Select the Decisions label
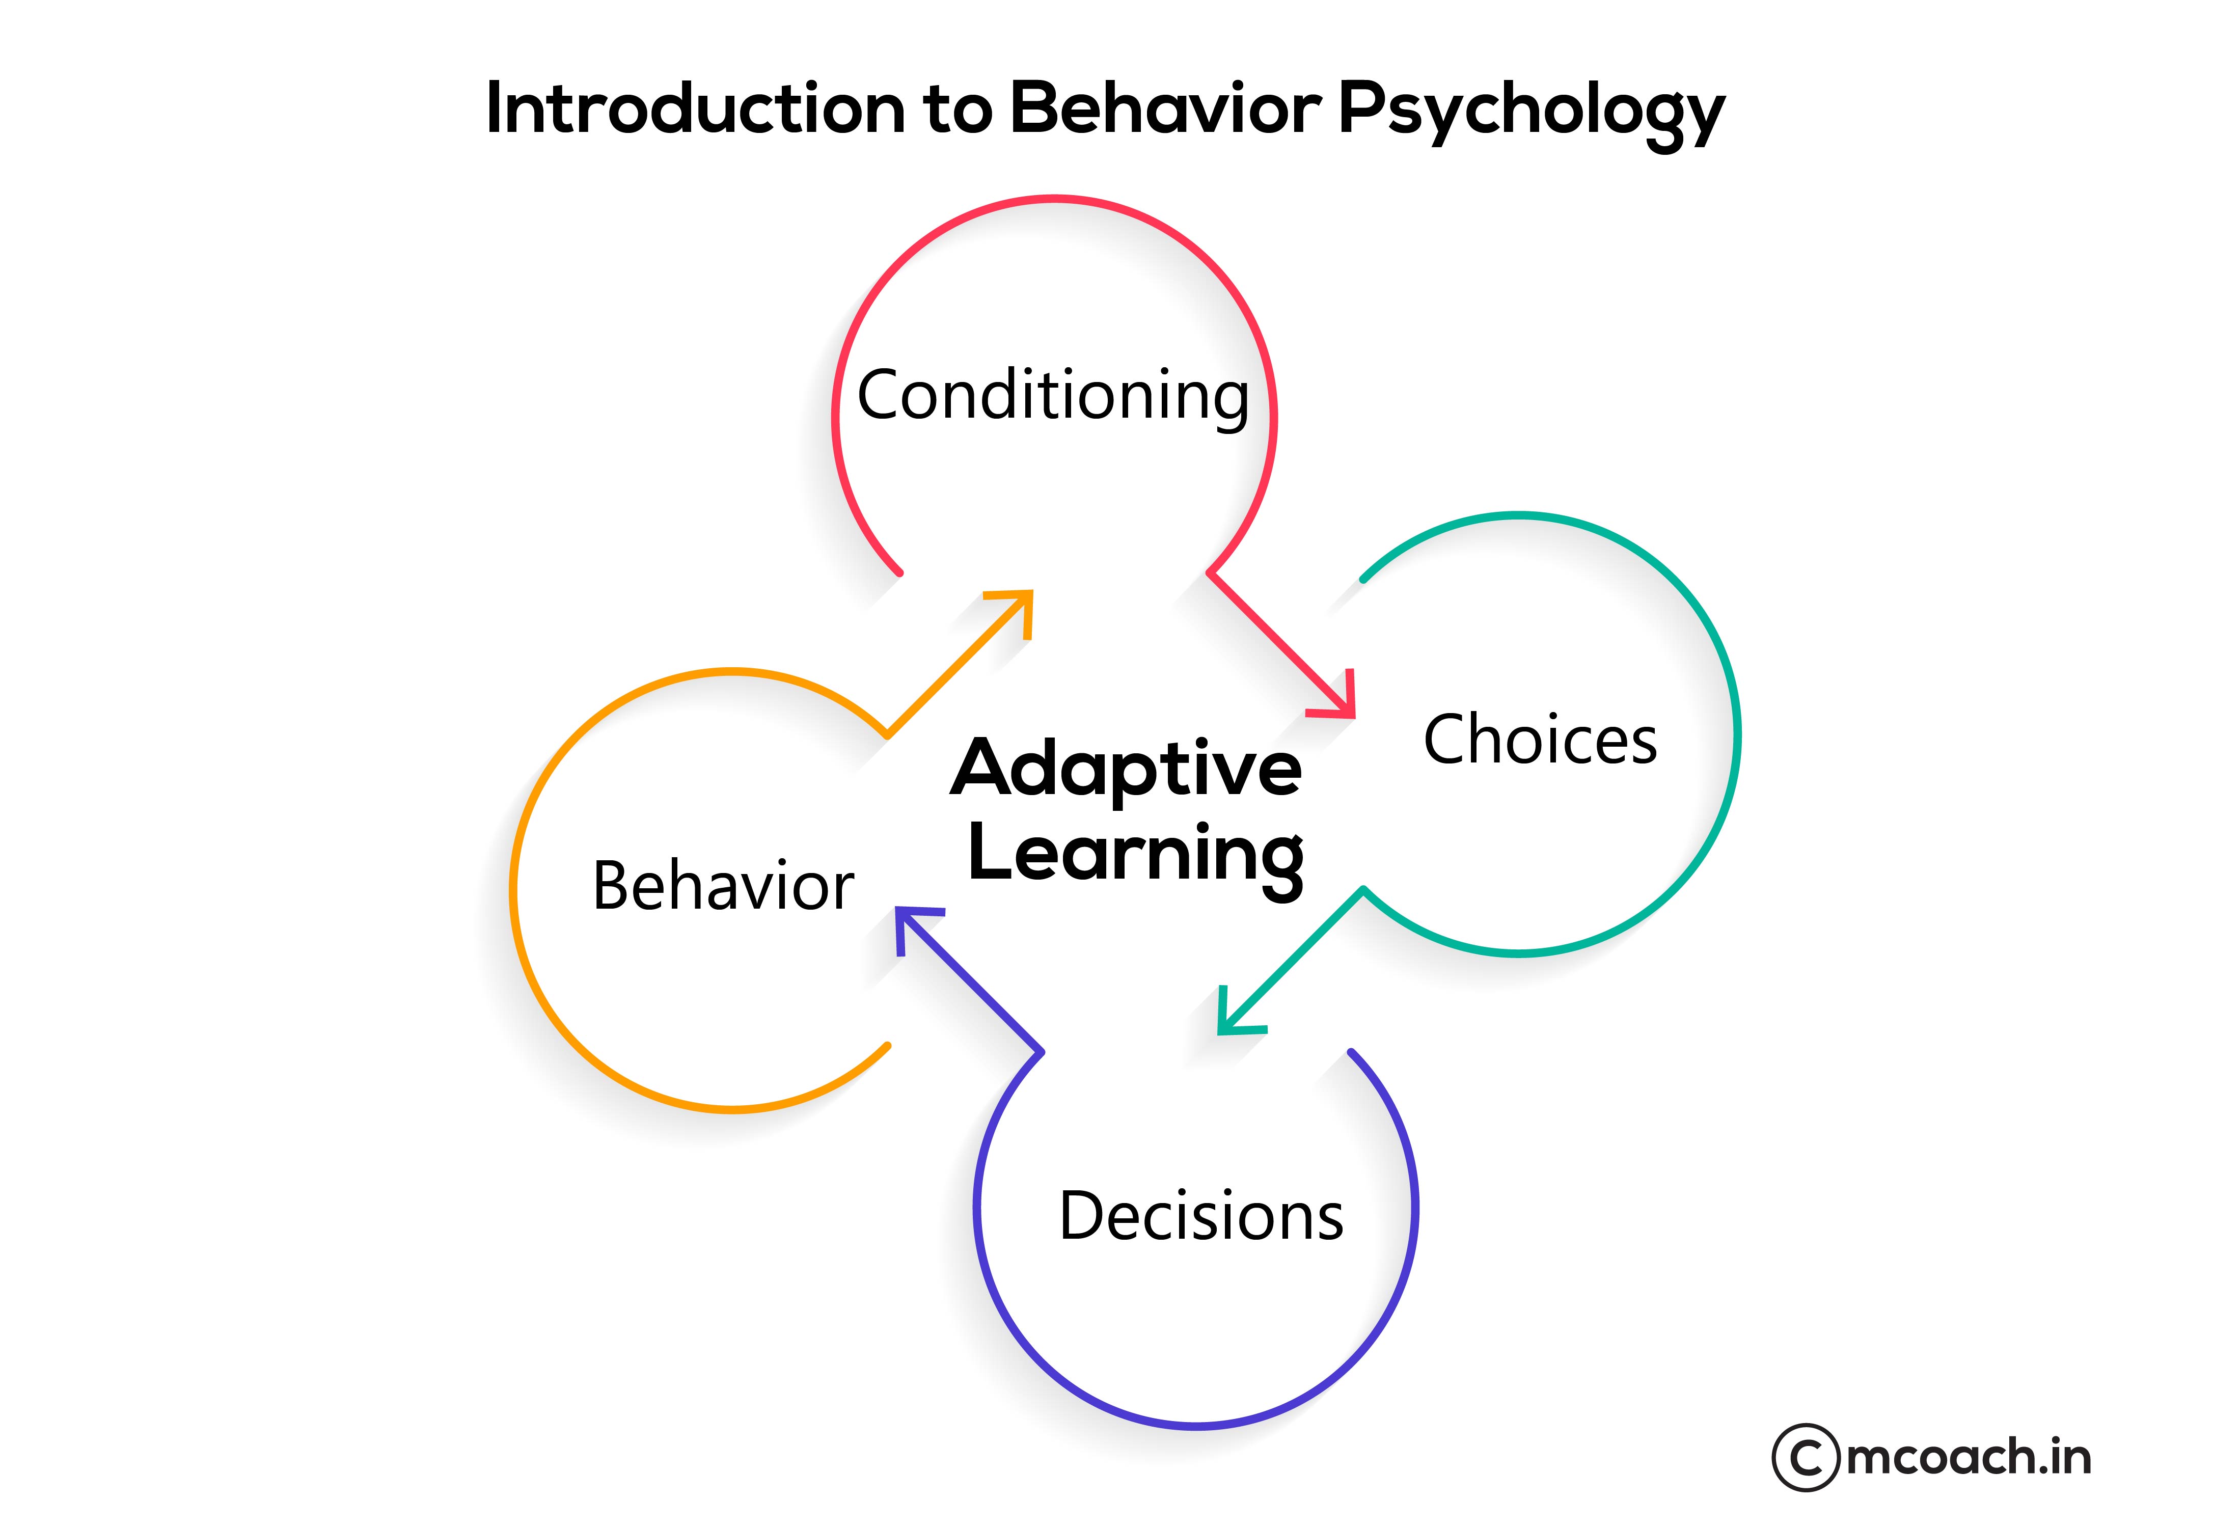click(x=1201, y=1216)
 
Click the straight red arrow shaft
click(x=1273, y=637)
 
